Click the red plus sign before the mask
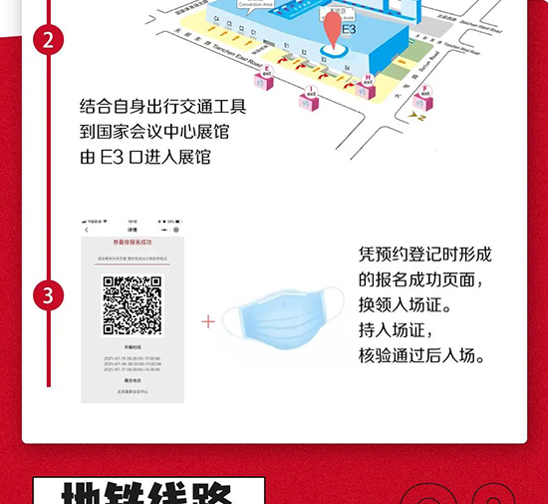(208, 321)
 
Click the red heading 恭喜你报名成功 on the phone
(133, 243)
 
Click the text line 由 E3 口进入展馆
(145, 157)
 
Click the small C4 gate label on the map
(217, 19)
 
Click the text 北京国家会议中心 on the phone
(133, 390)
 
